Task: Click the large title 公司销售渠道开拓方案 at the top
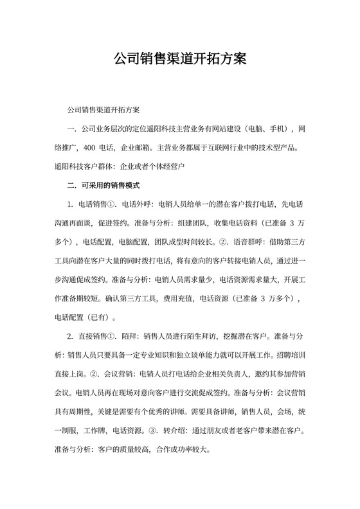pyautogui.click(x=179, y=60)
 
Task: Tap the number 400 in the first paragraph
pyautogui.click(x=90, y=147)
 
